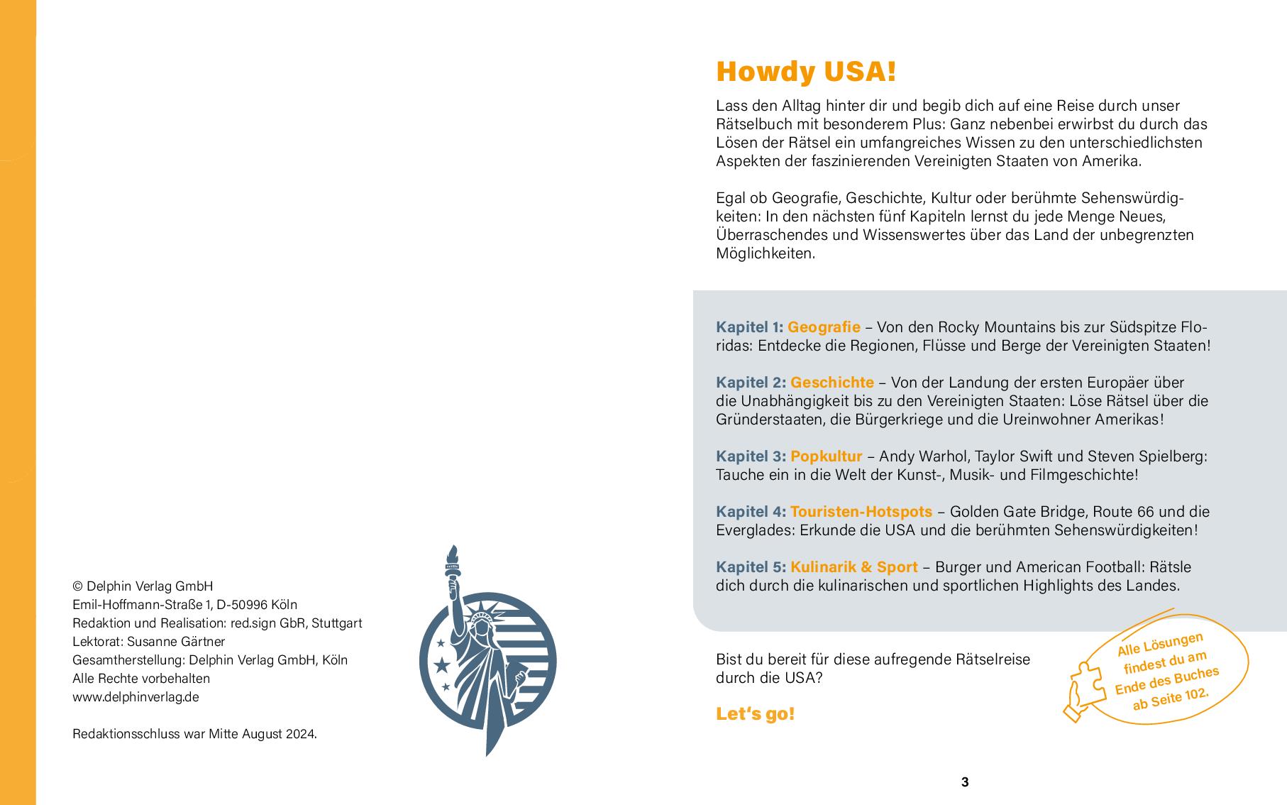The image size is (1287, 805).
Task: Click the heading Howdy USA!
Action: click(806, 72)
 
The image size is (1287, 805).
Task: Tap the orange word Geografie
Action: click(824, 327)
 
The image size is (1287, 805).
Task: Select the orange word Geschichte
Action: click(832, 383)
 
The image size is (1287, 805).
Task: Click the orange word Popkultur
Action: click(826, 456)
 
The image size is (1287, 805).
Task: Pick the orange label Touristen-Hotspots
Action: click(861, 512)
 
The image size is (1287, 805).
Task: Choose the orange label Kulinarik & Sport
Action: click(854, 567)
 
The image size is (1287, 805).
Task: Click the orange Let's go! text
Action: click(755, 714)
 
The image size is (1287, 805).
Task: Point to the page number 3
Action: click(964, 782)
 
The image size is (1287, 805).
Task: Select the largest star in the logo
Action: click(442, 665)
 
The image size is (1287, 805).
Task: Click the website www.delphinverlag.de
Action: click(136, 696)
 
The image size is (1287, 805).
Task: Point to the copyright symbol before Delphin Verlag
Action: click(77, 586)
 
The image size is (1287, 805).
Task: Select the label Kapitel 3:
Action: click(751, 456)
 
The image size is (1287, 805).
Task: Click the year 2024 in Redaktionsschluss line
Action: click(300, 733)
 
